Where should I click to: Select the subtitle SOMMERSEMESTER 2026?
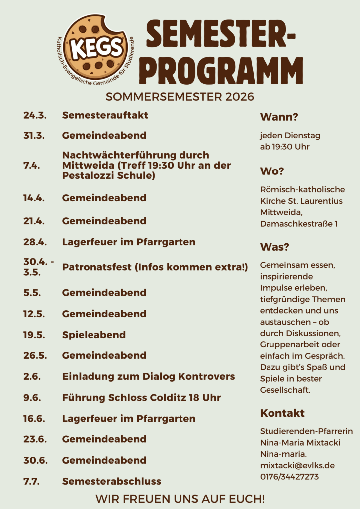[180, 96]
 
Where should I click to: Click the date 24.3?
[35, 115]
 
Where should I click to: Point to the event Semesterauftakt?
[105, 115]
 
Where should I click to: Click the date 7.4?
[32, 166]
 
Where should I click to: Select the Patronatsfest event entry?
[155, 267]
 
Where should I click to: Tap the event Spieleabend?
[93, 335]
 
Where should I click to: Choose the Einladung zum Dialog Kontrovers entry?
[148, 376]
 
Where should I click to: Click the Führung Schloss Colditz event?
[141, 398]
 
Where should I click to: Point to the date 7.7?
[31, 481]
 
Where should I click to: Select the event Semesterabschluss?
[111, 481]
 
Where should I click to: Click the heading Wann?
[279, 117]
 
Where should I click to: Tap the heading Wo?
[272, 171]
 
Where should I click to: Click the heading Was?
[274, 247]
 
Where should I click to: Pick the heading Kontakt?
[282, 413]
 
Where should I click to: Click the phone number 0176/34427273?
[289, 477]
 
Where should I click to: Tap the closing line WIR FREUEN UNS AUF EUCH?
[180, 498]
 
